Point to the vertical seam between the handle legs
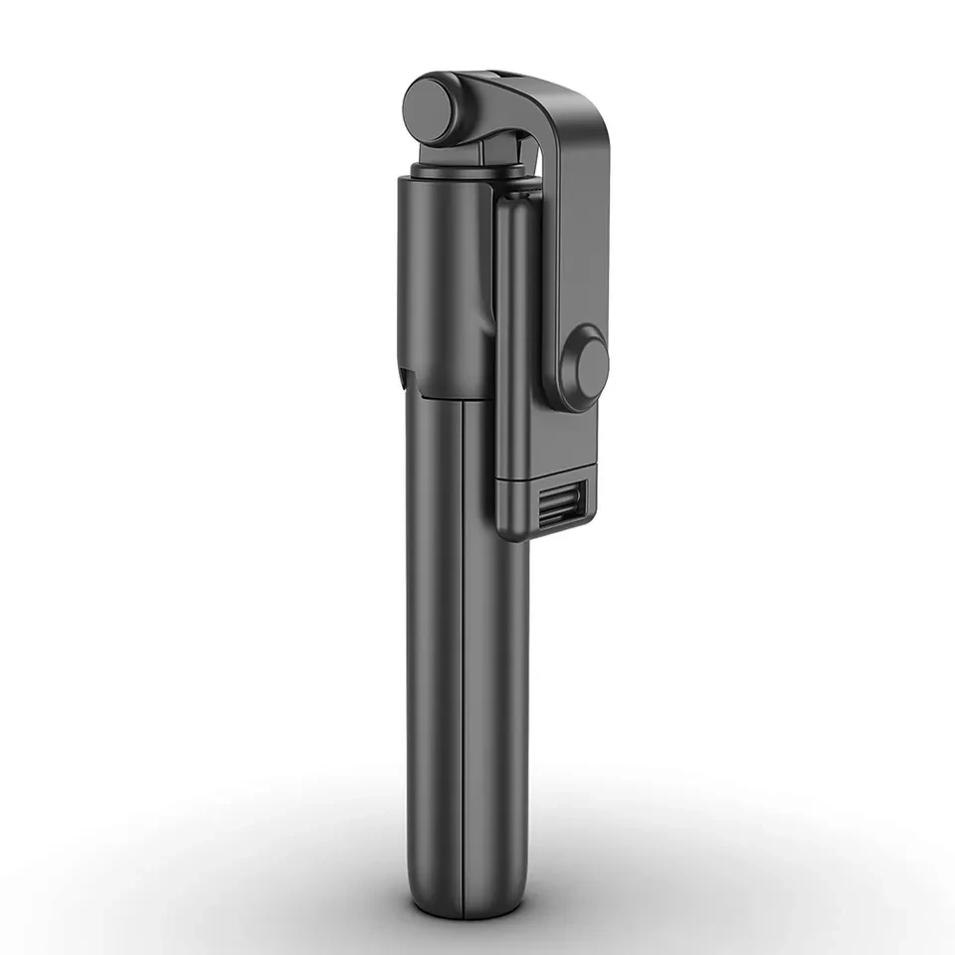[465, 647]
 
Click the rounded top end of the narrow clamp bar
[518, 199]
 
